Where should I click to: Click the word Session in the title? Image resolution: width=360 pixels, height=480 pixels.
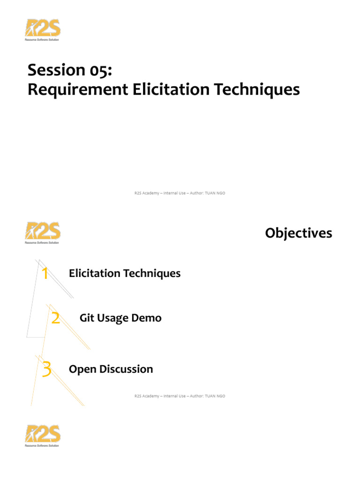click(54, 70)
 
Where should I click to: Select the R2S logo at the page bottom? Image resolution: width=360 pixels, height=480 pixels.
click(43, 435)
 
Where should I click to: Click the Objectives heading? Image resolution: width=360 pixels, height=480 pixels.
click(299, 233)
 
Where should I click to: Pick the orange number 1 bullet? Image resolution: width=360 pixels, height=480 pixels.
click(45, 273)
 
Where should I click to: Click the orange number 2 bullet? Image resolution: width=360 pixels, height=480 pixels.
click(55, 319)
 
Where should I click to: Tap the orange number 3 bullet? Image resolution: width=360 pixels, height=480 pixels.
click(46, 369)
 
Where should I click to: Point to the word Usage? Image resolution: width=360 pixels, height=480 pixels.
click(113, 319)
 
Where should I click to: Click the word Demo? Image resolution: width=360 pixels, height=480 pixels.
click(146, 318)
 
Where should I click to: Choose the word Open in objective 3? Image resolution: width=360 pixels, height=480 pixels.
click(80, 369)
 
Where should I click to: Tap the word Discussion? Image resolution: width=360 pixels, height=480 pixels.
click(123, 369)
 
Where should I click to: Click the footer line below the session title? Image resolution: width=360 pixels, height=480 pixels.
click(177, 193)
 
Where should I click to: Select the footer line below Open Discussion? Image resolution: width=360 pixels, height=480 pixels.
click(177, 396)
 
